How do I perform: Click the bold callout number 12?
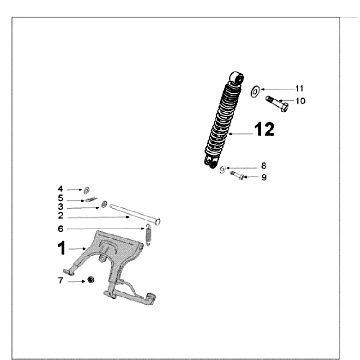264,129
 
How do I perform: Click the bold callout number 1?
61,246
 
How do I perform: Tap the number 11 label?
299,89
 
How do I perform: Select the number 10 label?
299,101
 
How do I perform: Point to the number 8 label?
263,165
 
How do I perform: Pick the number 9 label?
263,177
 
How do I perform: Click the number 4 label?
60,188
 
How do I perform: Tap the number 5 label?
60,198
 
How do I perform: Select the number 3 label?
60,207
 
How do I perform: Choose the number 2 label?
60,216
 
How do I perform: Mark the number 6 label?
60,228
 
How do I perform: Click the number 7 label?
60,281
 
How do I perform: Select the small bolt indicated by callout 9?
237,176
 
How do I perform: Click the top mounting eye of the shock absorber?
236,76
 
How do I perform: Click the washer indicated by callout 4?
86,188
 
